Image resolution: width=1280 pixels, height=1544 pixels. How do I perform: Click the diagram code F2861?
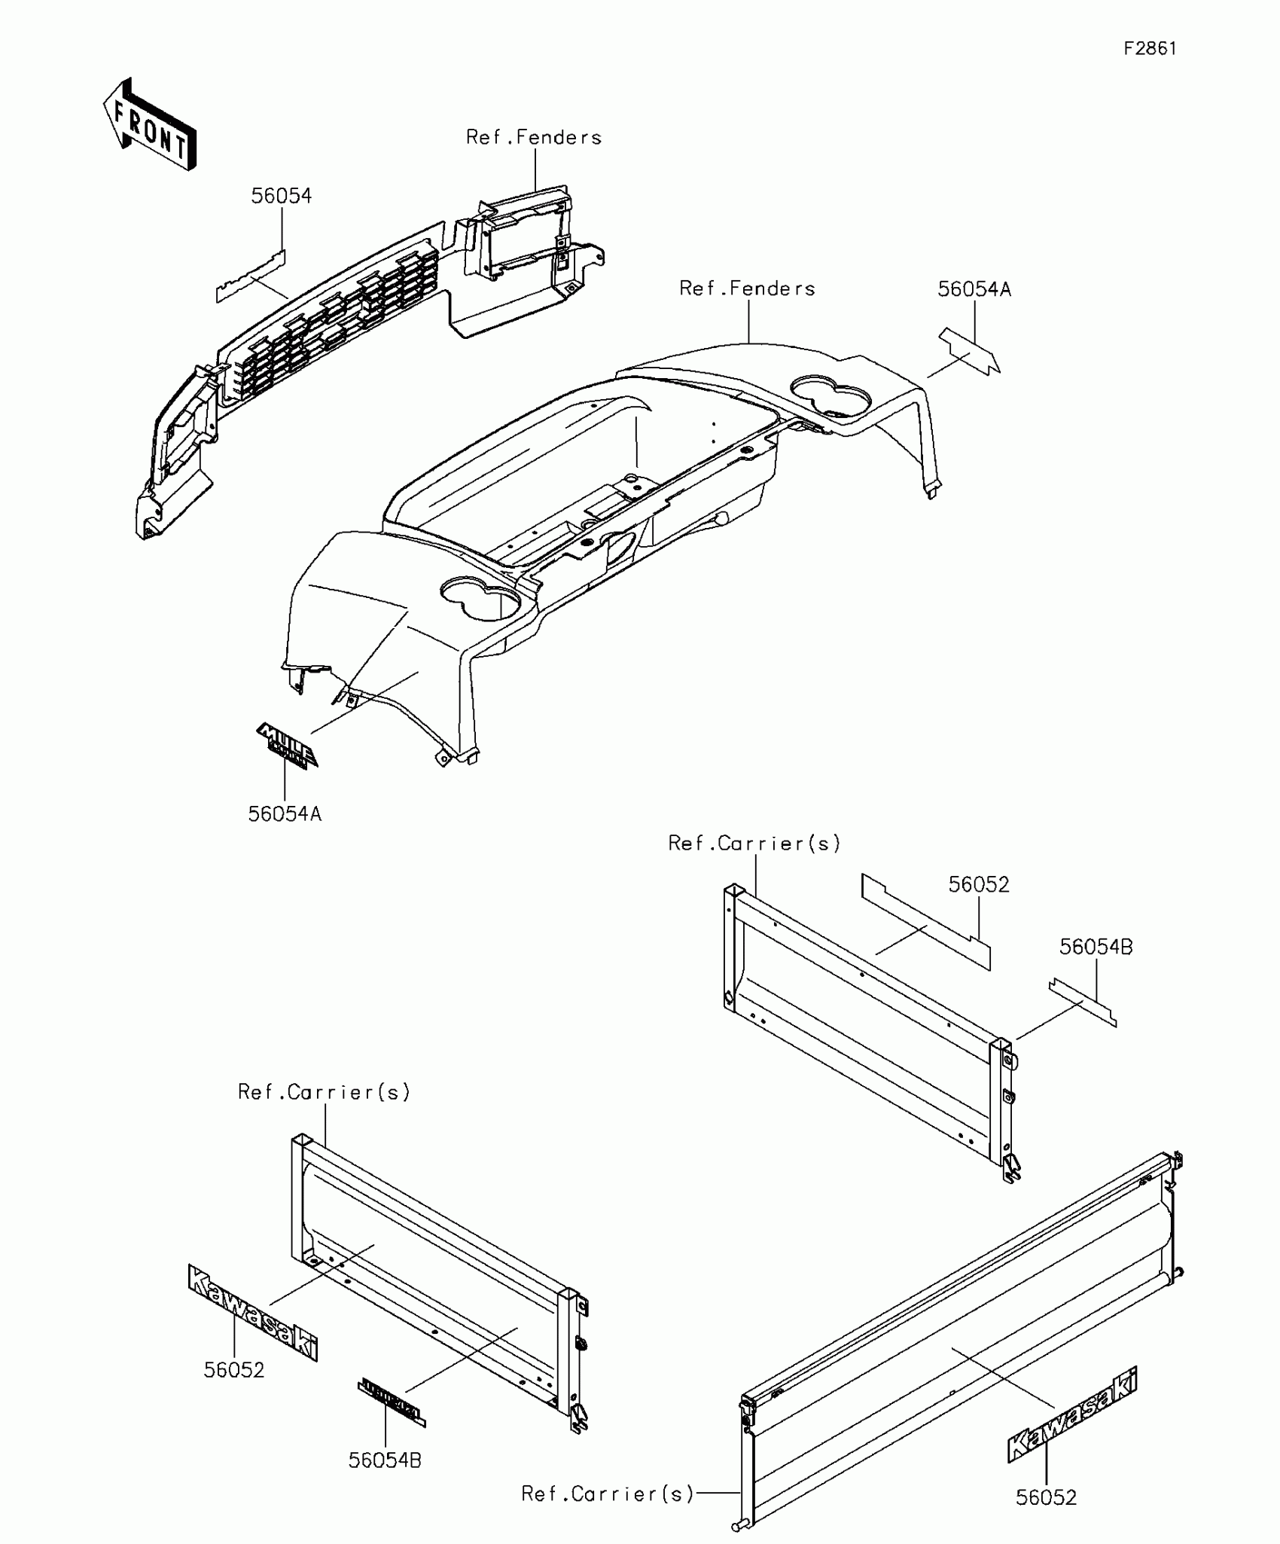pyautogui.click(x=1150, y=49)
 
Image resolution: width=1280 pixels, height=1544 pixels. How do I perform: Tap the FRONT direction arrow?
pyautogui.click(x=150, y=124)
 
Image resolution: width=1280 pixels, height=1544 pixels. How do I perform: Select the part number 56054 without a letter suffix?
pyautogui.click(x=281, y=196)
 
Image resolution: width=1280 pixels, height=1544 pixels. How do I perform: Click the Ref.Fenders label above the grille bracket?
pyautogui.click(x=534, y=137)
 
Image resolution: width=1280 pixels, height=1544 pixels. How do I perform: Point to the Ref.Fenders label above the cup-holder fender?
pyautogui.click(x=747, y=288)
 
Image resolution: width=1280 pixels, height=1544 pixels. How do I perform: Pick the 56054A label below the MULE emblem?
pyautogui.click(x=285, y=813)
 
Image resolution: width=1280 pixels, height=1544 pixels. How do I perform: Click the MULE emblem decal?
pyautogui.click(x=287, y=745)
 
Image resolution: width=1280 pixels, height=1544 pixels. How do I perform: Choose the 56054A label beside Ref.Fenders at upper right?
pyautogui.click(x=974, y=289)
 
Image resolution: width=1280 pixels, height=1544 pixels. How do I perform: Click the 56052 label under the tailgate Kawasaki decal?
pyautogui.click(x=1046, y=1497)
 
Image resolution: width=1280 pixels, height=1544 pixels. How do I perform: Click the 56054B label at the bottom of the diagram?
pyautogui.click(x=385, y=1460)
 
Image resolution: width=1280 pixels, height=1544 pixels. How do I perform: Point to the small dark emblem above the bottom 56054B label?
pyautogui.click(x=391, y=1402)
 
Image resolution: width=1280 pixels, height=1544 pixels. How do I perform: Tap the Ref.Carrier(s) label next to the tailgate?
pyautogui.click(x=608, y=1494)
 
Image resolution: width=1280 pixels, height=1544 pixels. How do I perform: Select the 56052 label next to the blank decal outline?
pyautogui.click(x=979, y=884)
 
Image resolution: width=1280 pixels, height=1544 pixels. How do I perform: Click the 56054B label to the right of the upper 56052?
pyautogui.click(x=1096, y=947)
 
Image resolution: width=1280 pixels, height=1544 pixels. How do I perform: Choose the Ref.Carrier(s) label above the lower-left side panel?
pyautogui.click(x=325, y=1092)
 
